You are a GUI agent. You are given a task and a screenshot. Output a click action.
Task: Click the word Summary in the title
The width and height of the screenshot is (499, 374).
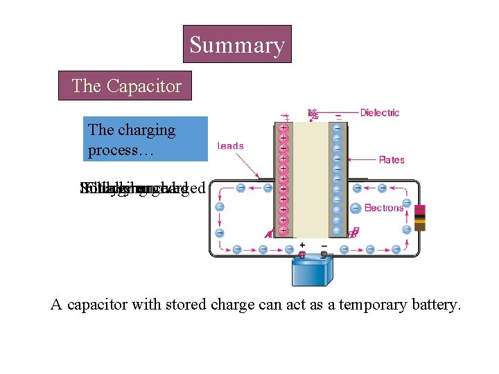click(x=237, y=45)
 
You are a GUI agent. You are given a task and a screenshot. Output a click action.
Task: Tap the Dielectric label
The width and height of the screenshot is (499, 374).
click(x=379, y=112)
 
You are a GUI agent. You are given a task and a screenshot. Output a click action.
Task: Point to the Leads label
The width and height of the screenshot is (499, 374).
click(x=230, y=145)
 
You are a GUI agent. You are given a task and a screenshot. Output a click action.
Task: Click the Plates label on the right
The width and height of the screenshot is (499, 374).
click(x=391, y=160)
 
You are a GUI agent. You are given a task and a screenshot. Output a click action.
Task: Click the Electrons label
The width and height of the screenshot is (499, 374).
click(x=383, y=208)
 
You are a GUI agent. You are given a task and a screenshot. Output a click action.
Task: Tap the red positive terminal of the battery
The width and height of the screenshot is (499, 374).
click(x=301, y=254)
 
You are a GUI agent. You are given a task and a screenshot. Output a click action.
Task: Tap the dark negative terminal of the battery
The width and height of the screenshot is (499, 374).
click(x=324, y=254)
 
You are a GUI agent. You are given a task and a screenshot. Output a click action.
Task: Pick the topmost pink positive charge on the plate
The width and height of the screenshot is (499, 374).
click(x=283, y=128)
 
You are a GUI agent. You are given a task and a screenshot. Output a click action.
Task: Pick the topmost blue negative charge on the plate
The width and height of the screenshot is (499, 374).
click(x=336, y=128)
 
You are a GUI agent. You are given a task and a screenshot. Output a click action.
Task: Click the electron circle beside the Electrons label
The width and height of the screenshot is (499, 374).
click(x=355, y=208)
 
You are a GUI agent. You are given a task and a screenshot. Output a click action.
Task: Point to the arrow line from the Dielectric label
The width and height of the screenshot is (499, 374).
click(x=337, y=113)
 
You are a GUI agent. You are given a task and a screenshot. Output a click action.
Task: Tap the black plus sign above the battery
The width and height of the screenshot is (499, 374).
click(x=301, y=244)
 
